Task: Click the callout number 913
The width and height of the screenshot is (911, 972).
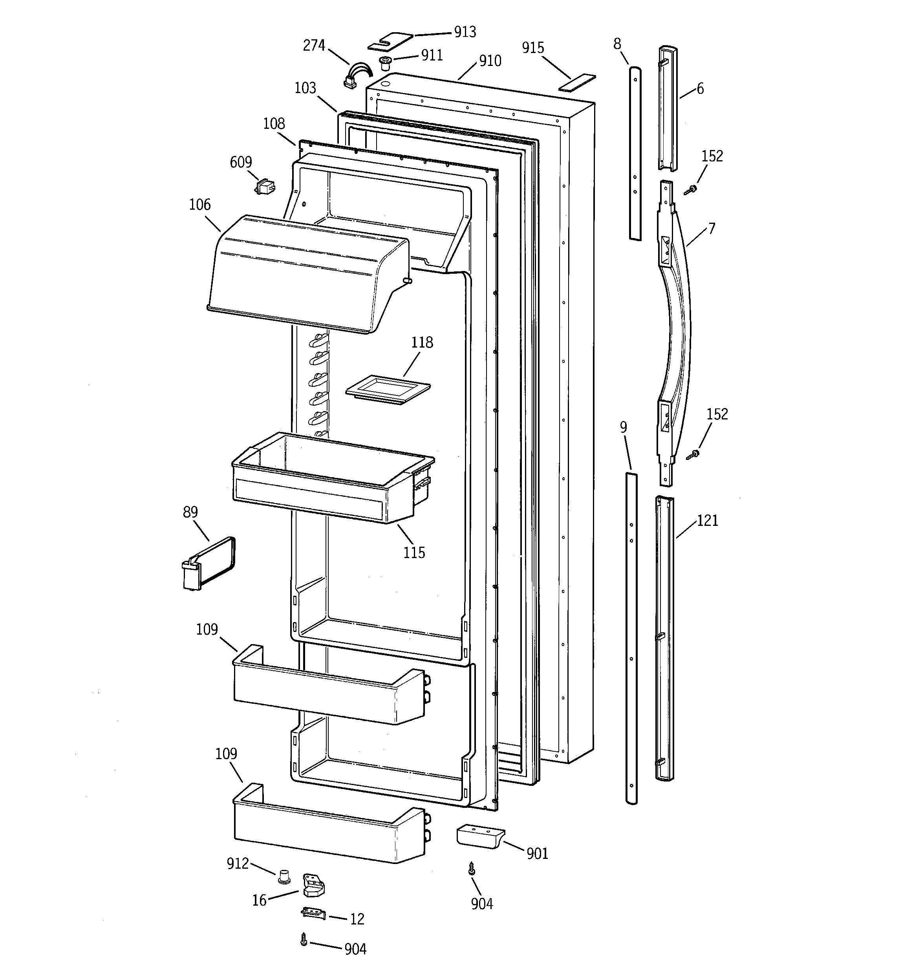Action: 465,32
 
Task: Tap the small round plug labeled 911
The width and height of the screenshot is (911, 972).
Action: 386,62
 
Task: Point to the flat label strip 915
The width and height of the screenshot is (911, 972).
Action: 577,82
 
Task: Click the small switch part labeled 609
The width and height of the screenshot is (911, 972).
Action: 265,186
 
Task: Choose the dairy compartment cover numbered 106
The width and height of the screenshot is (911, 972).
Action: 305,274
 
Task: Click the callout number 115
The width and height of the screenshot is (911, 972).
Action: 414,553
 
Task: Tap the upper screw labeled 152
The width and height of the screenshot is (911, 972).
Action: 692,190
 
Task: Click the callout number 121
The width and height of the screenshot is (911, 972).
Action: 707,520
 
